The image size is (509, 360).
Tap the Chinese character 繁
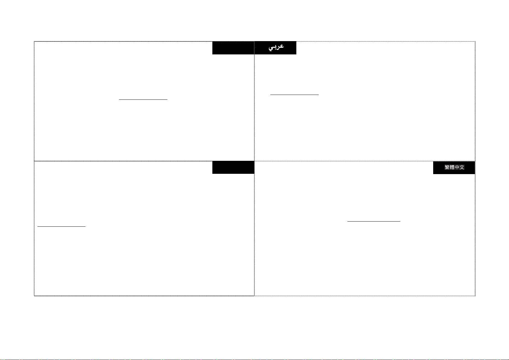click(447, 167)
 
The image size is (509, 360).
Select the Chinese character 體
click(452, 167)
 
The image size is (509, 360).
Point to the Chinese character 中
click(457, 167)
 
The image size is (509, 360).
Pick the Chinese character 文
click(462, 167)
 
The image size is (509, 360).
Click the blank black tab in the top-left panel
click(233, 48)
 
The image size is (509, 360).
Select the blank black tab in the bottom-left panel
click(233, 167)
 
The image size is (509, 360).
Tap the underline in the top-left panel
click(143, 99)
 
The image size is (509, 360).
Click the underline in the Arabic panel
click(295, 95)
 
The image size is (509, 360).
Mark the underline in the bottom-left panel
click(62, 226)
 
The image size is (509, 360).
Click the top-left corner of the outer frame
click(34, 41)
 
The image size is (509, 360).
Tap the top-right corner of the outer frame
click(475, 41)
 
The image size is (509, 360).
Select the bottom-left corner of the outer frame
click(34, 296)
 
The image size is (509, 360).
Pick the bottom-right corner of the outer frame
click(475, 296)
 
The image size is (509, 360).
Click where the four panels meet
click(254, 161)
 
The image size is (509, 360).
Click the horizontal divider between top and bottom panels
click(145, 161)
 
